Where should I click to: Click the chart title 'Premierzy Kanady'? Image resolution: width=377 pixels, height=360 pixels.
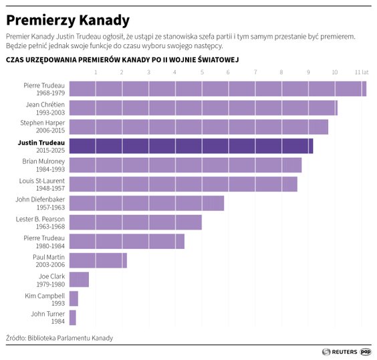(x=68, y=20)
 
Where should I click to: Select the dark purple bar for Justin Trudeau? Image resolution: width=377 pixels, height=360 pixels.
(x=191, y=146)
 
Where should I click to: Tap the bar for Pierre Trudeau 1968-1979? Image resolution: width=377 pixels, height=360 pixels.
(x=217, y=88)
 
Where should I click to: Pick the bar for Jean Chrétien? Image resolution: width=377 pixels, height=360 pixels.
(x=203, y=108)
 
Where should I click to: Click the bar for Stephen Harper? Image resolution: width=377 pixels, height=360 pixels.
(x=199, y=127)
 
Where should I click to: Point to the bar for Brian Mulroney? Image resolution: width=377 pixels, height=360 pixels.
(x=185, y=165)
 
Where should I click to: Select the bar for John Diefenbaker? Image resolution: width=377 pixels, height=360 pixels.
(x=146, y=203)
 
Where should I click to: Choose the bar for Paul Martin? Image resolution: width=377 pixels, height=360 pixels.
(x=98, y=260)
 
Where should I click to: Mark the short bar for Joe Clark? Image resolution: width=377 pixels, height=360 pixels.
(x=79, y=280)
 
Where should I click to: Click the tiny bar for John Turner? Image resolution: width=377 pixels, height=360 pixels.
(x=72, y=317)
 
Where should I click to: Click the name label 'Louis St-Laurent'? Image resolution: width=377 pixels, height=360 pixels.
(x=41, y=180)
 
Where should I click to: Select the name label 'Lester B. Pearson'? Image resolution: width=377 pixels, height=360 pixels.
(x=40, y=218)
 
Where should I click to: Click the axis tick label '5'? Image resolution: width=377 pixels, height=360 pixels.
(x=201, y=72)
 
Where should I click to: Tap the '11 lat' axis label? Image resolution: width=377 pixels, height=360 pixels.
(x=362, y=72)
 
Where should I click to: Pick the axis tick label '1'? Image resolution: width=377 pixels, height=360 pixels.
(x=96, y=72)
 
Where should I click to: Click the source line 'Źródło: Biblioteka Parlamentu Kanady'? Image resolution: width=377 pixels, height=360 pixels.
(x=59, y=338)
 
